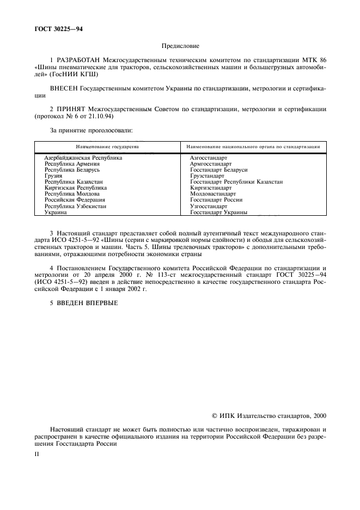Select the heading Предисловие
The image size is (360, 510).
[180, 47]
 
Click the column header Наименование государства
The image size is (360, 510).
[107, 147]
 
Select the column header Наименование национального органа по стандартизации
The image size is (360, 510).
[253, 147]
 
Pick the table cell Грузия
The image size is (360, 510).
[53, 176]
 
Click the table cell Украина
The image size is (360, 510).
[56, 212]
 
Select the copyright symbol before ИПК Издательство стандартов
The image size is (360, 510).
[215, 416]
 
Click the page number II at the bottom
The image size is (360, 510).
[36, 452]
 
